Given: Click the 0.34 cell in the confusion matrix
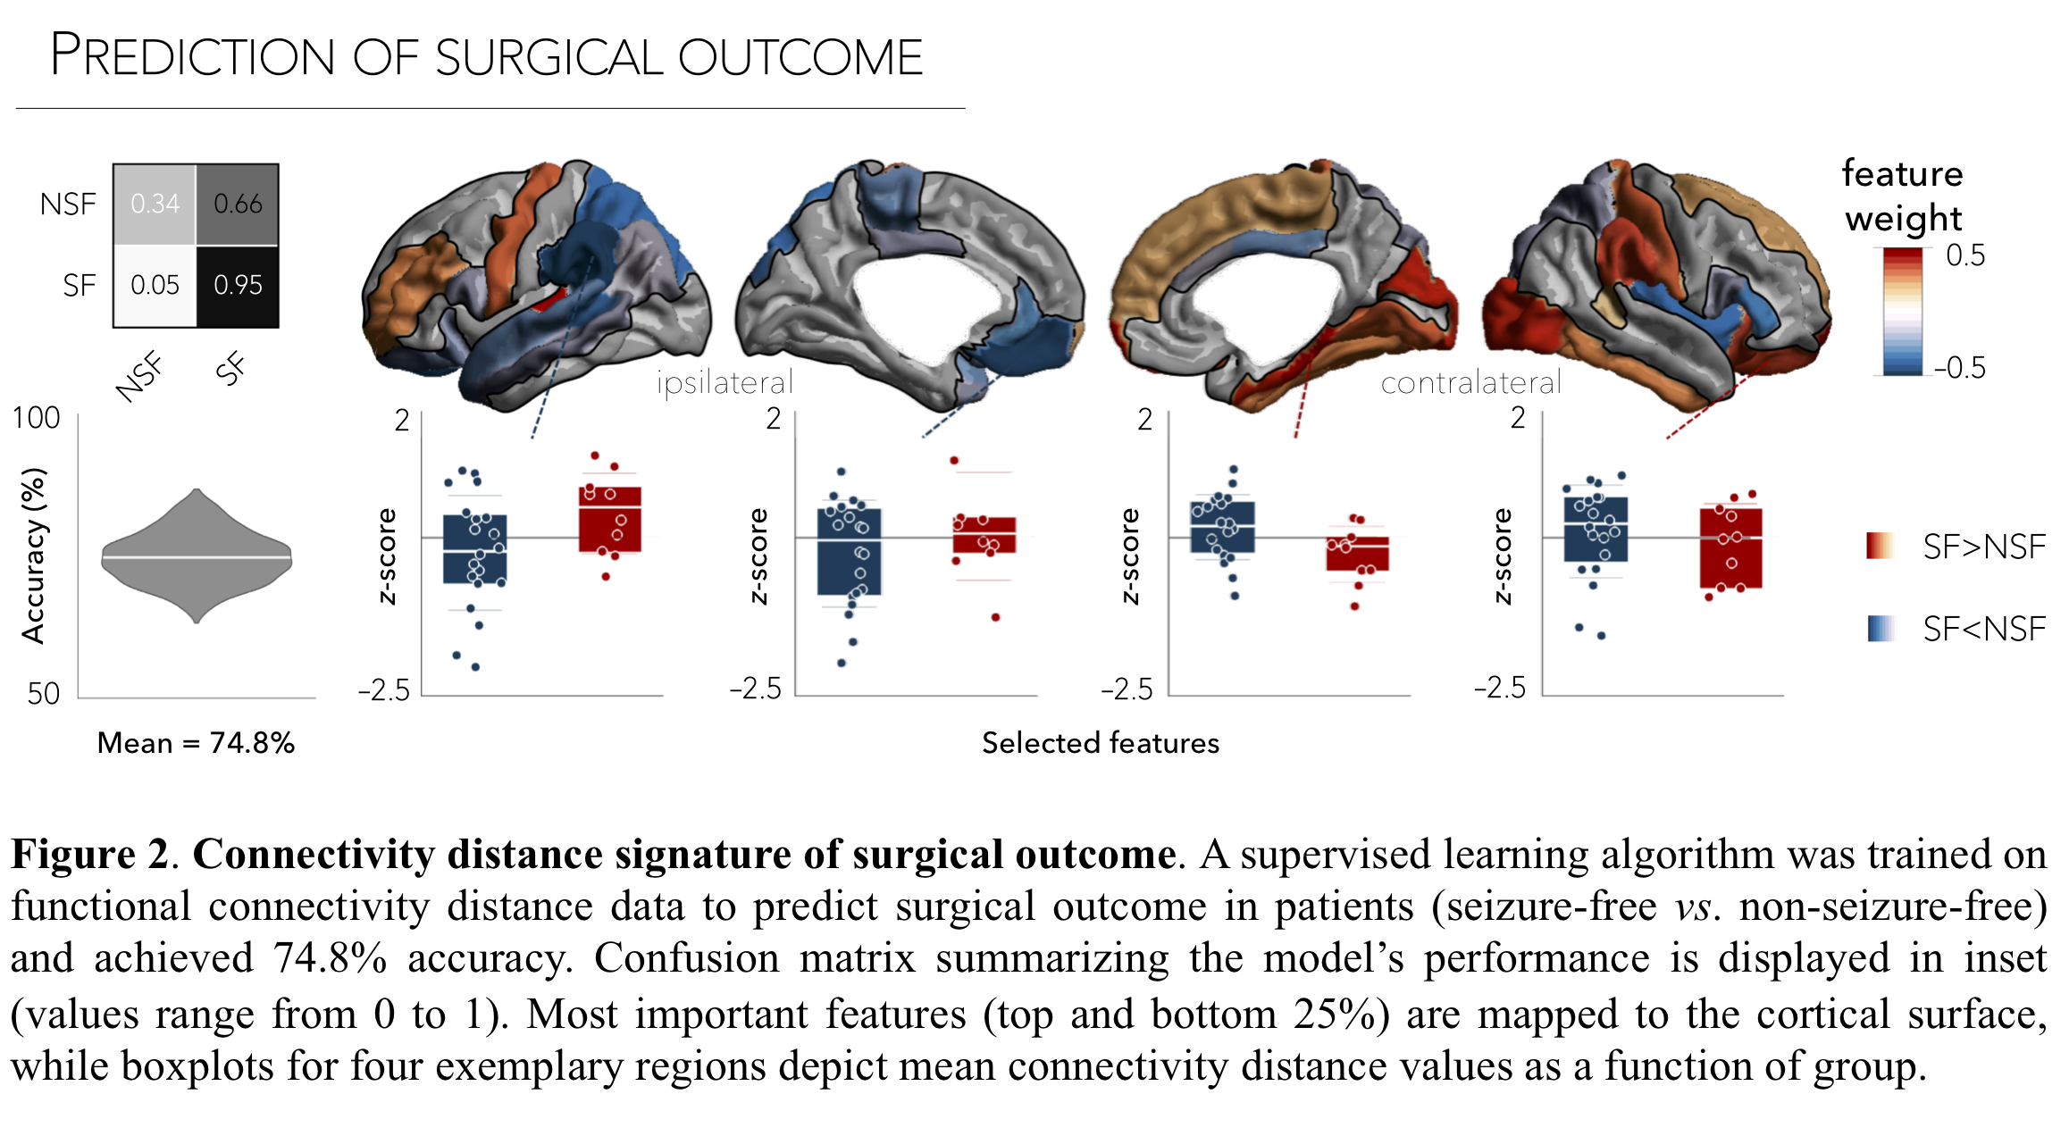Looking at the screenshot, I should click(x=155, y=205).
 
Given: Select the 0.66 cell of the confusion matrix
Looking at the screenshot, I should click(x=238, y=205).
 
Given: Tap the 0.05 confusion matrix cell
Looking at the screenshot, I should click(x=155, y=286).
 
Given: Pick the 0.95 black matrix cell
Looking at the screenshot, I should click(x=238, y=286).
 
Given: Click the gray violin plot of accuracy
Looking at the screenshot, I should click(x=197, y=556).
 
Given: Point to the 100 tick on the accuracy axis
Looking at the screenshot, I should click(x=36, y=418).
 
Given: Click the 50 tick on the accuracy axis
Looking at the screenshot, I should click(x=43, y=693).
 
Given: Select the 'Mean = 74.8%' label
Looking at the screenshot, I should click(x=196, y=743).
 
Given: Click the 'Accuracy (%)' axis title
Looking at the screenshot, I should click(x=34, y=555).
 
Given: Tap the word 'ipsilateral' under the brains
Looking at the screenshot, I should click(x=725, y=382).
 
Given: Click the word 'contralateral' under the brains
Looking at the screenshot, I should click(x=1470, y=383).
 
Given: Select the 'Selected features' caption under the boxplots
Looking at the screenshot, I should click(x=1100, y=743).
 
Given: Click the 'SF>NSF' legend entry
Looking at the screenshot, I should click(x=1983, y=547).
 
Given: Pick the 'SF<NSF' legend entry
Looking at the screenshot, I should click(x=1983, y=630).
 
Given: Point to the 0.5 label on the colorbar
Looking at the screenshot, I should click(x=1965, y=255).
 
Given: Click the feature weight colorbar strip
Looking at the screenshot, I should click(x=1903, y=311).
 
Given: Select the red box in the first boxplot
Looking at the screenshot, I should click(x=610, y=519).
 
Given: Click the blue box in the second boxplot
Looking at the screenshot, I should click(x=849, y=551).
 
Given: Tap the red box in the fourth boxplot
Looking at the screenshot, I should click(x=1730, y=547).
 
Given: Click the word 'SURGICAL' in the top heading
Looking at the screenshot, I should click(x=549, y=58).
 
